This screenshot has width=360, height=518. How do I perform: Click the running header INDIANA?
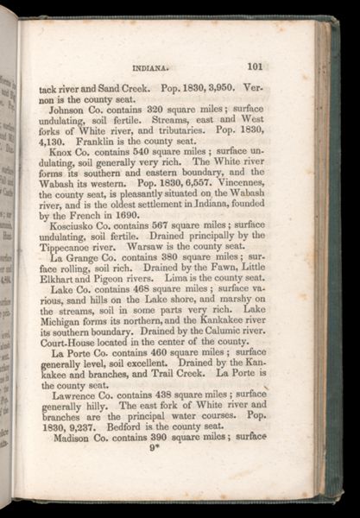pyautogui.click(x=152, y=66)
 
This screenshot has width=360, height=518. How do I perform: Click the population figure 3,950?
pyautogui.click(x=212, y=87)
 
